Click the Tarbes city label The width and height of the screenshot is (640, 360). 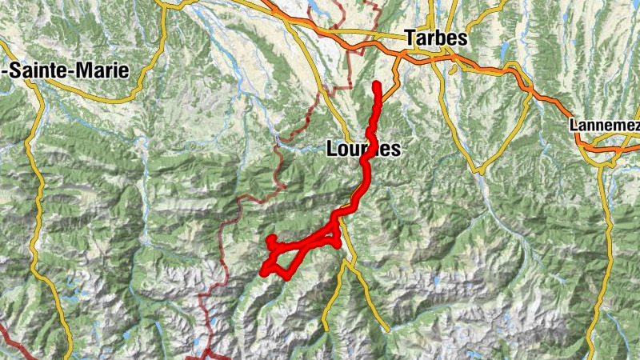point(436,38)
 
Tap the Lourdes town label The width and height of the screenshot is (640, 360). point(363,149)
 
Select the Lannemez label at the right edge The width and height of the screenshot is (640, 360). point(606,126)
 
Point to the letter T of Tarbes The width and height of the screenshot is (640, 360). point(410,38)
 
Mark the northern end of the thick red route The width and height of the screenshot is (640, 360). point(376,83)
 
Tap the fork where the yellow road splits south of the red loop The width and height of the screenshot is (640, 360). point(346,264)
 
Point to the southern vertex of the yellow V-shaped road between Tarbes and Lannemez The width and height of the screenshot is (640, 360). point(482,170)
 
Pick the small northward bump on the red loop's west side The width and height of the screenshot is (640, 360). point(271,238)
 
